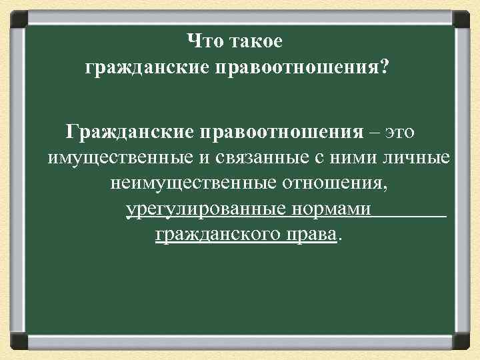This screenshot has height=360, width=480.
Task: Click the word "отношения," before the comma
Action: (337, 183)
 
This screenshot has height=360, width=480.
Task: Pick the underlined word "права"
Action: (311, 235)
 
